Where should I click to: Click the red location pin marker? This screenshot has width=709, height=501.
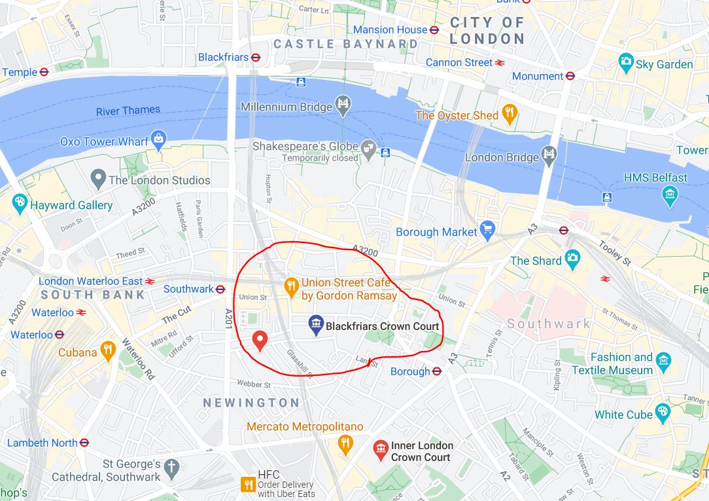[x=260, y=340]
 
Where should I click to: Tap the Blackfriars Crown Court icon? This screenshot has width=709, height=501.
[x=316, y=325]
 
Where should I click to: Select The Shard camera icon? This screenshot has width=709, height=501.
[x=572, y=260]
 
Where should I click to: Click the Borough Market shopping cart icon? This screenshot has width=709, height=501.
[x=487, y=230]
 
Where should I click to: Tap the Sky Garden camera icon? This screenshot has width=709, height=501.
[x=626, y=64]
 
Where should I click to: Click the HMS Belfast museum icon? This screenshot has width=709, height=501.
[x=670, y=195]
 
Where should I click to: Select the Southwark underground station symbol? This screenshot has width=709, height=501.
[x=220, y=289]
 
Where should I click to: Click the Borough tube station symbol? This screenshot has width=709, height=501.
[x=437, y=371]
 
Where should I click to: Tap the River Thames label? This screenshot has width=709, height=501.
[x=128, y=111]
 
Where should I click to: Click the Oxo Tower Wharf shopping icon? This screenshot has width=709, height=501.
[x=158, y=140]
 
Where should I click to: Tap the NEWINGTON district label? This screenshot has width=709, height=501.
[x=251, y=403]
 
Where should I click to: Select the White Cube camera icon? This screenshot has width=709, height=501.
[x=663, y=413]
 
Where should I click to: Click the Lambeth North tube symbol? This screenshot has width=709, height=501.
[x=84, y=443]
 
